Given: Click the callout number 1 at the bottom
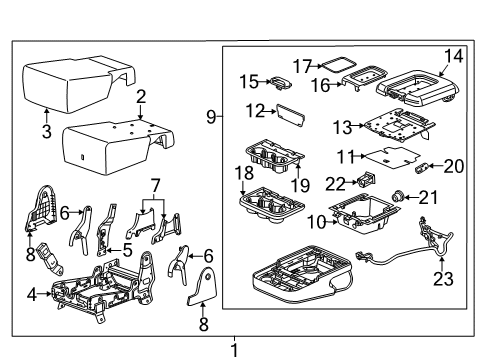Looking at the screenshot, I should point(234,350).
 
